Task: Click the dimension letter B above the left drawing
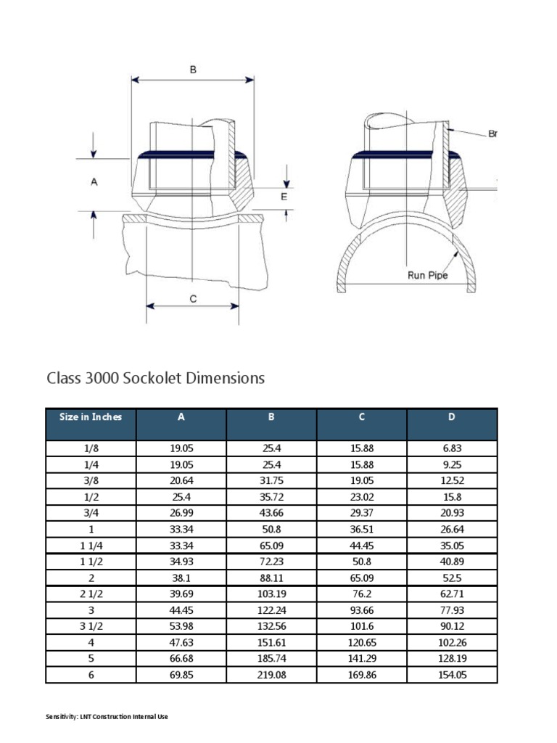click(193, 70)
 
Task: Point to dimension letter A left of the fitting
click(94, 183)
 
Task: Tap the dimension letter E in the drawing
click(284, 196)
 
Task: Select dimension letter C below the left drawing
click(192, 298)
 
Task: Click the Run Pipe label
click(428, 275)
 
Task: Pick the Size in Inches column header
click(91, 416)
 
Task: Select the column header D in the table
click(452, 416)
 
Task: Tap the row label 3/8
click(91, 480)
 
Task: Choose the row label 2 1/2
click(91, 594)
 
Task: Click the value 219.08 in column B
click(271, 675)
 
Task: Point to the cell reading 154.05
click(452, 675)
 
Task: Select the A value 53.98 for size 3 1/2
click(181, 626)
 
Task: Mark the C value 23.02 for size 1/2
click(361, 496)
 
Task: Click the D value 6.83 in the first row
click(452, 448)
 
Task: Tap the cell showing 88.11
click(271, 578)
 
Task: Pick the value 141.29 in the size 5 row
click(361, 659)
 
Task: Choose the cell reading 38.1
click(181, 578)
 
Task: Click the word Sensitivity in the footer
click(61, 717)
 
